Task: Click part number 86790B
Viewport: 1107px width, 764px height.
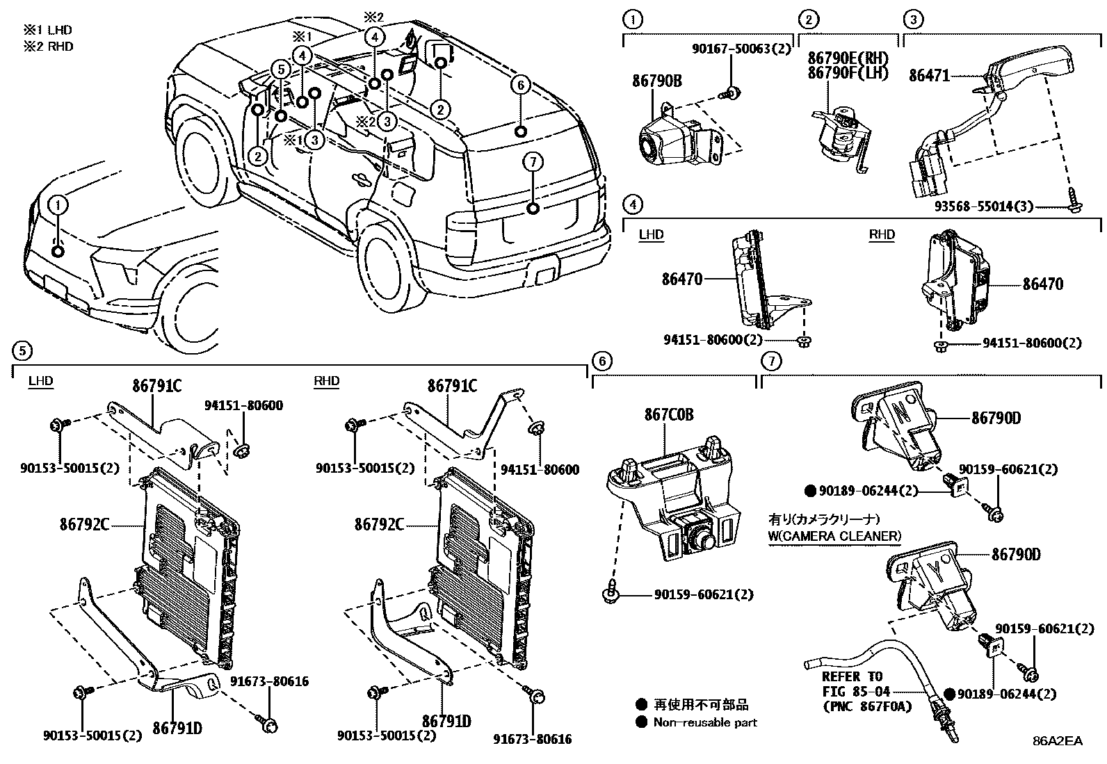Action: point(656,82)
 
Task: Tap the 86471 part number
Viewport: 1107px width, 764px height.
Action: point(929,75)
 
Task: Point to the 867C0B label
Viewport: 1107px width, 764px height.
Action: point(668,415)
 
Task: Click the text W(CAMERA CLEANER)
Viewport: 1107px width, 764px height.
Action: point(834,536)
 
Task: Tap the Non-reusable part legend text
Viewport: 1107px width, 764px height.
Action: point(704,722)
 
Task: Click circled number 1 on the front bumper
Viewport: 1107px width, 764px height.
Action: point(58,205)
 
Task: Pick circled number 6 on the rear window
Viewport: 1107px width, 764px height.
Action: point(519,86)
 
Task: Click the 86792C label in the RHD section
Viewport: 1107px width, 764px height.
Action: point(379,524)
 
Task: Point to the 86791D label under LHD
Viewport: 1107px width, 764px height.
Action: point(177,728)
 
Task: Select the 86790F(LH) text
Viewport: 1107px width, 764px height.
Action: point(847,73)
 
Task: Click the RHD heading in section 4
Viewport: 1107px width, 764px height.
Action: point(882,235)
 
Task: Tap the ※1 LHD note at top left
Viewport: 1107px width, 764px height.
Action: point(47,31)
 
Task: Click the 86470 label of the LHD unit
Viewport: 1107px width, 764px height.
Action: point(682,279)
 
